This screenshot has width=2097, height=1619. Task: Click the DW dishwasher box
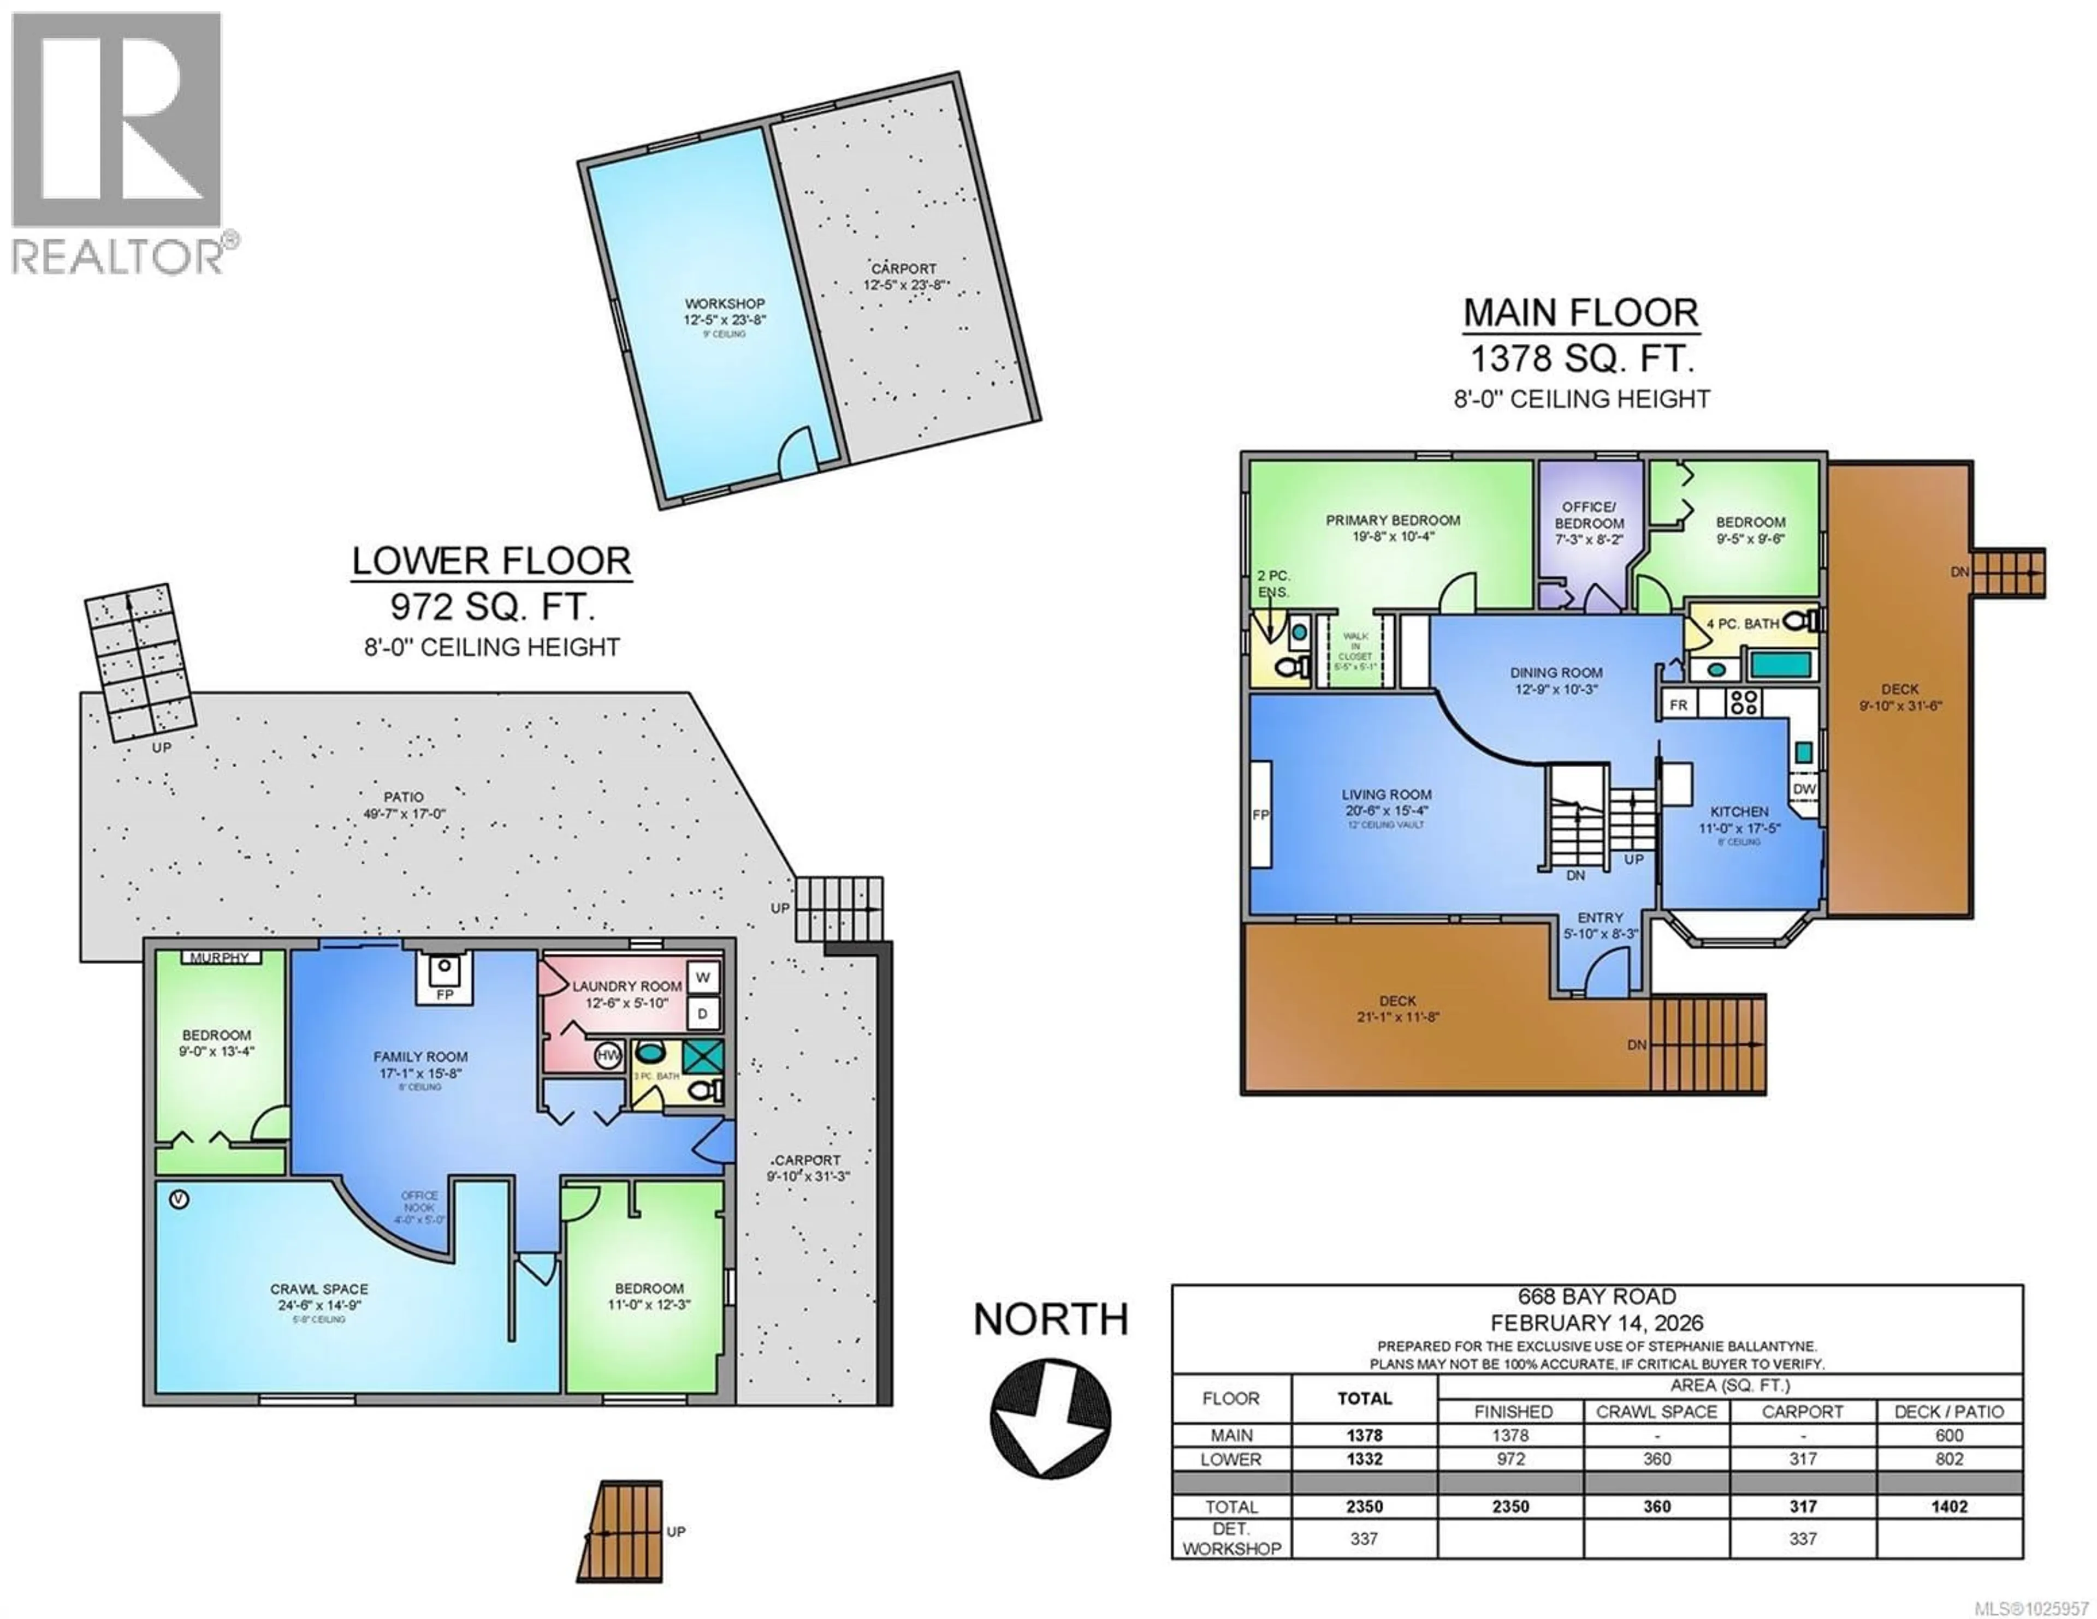[1804, 789]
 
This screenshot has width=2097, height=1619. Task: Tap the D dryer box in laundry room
[703, 1013]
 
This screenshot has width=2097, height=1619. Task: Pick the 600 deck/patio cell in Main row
[1949, 1436]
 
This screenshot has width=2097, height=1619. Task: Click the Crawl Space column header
[1656, 1412]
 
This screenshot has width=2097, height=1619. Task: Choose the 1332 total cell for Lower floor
[1364, 1459]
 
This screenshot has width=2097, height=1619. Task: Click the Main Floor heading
[1580, 313]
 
